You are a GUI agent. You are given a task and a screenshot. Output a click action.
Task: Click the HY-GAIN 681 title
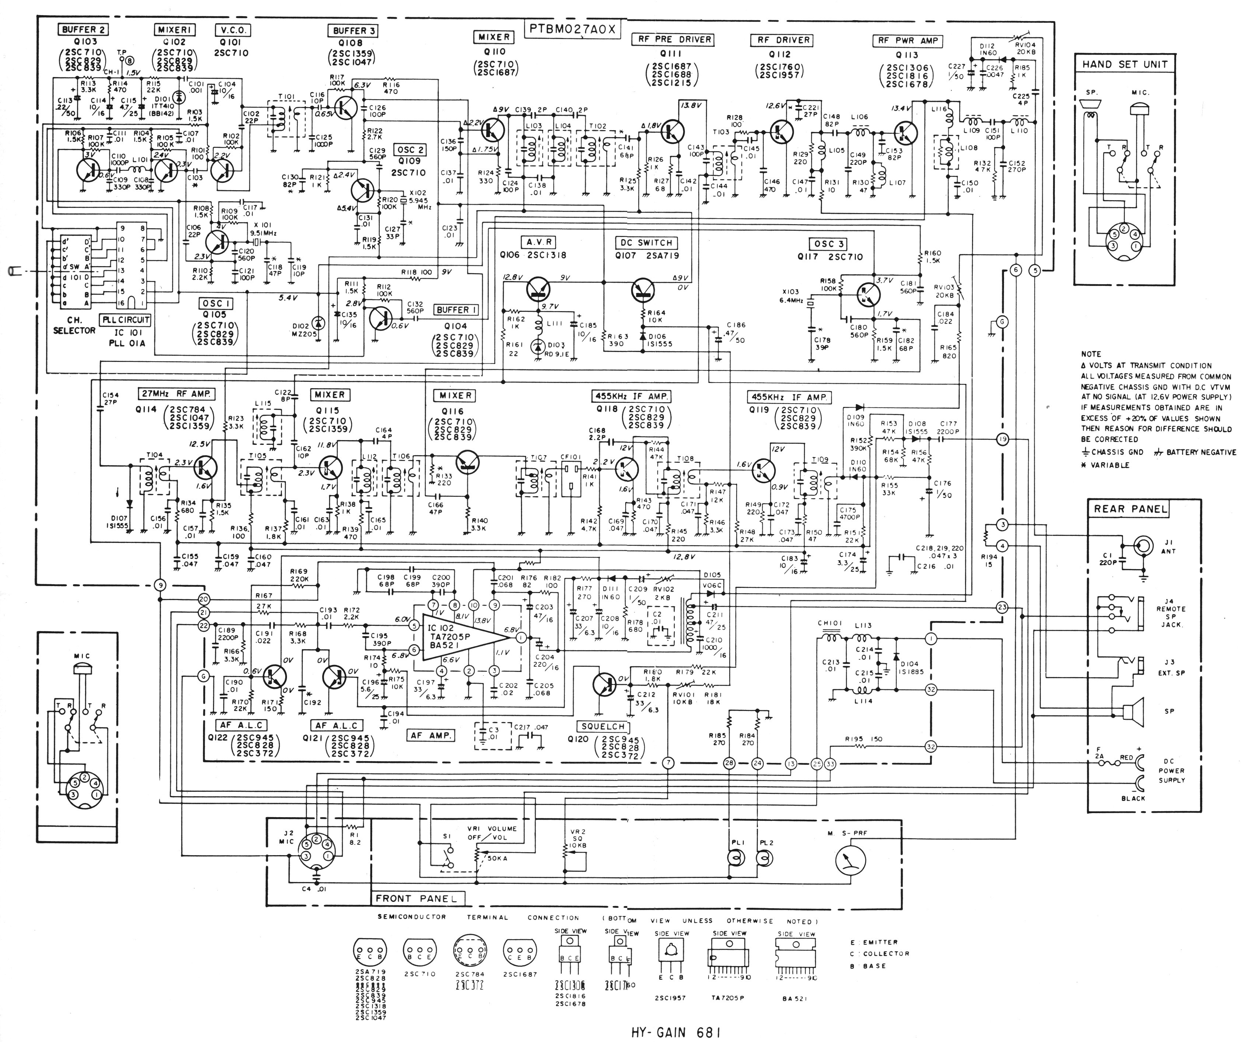point(676,1032)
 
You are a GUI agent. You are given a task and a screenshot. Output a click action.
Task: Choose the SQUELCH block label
point(602,726)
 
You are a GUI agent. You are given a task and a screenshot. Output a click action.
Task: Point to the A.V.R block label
point(539,242)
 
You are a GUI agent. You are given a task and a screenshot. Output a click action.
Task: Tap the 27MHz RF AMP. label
point(176,394)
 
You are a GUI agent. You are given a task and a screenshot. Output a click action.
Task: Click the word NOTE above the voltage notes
point(1091,354)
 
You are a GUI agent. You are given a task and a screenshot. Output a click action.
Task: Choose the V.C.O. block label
point(232,30)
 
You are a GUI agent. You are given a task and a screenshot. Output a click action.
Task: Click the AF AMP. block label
point(431,735)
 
